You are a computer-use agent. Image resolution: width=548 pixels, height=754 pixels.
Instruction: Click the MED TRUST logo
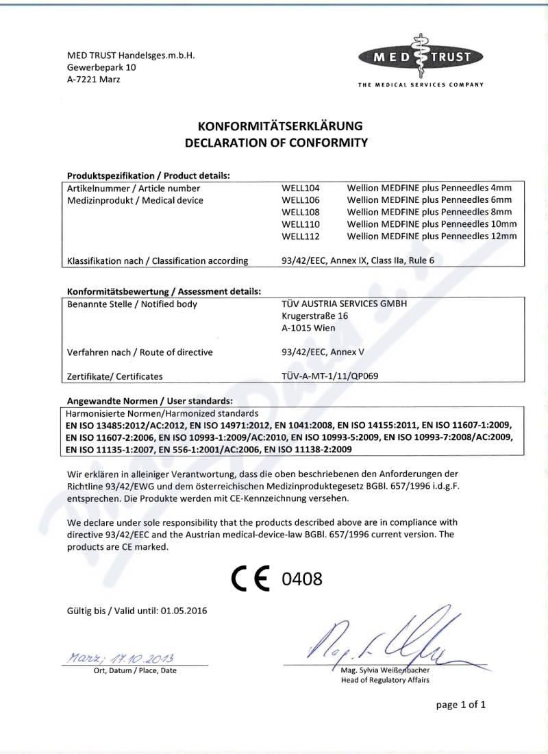tap(420, 56)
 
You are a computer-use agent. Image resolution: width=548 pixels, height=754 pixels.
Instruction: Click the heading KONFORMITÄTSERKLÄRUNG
tap(280, 126)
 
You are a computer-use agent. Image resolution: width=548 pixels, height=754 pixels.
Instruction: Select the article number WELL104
tap(301, 187)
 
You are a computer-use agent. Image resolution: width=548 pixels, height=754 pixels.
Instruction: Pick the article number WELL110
tap(301, 224)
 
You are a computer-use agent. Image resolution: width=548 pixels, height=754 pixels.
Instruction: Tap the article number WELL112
tap(301, 236)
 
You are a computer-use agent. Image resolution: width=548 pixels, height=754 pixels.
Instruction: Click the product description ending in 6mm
tap(429, 199)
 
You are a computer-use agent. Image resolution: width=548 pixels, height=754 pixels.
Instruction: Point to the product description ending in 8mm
tap(429, 212)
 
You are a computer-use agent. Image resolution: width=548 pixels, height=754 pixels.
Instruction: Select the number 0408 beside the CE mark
tap(302, 579)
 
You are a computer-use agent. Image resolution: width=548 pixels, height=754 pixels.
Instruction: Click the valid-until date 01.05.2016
tap(184, 609)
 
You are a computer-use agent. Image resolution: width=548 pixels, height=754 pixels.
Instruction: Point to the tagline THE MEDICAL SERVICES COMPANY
tap(421, 85)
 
